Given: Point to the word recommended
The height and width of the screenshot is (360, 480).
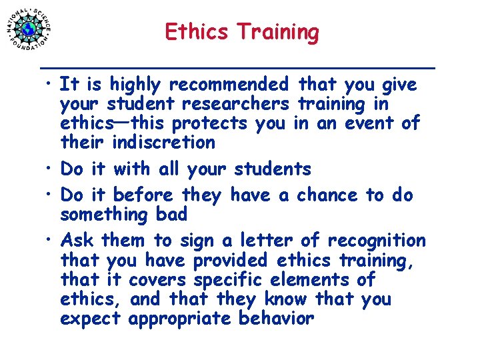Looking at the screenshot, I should tap(229, 85).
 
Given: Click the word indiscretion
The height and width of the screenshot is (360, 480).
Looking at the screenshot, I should tap(164, 142).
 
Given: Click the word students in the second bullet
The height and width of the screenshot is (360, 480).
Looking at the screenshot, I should tap(275, 169).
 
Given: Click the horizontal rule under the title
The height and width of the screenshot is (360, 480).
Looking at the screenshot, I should tap(238, 67).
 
